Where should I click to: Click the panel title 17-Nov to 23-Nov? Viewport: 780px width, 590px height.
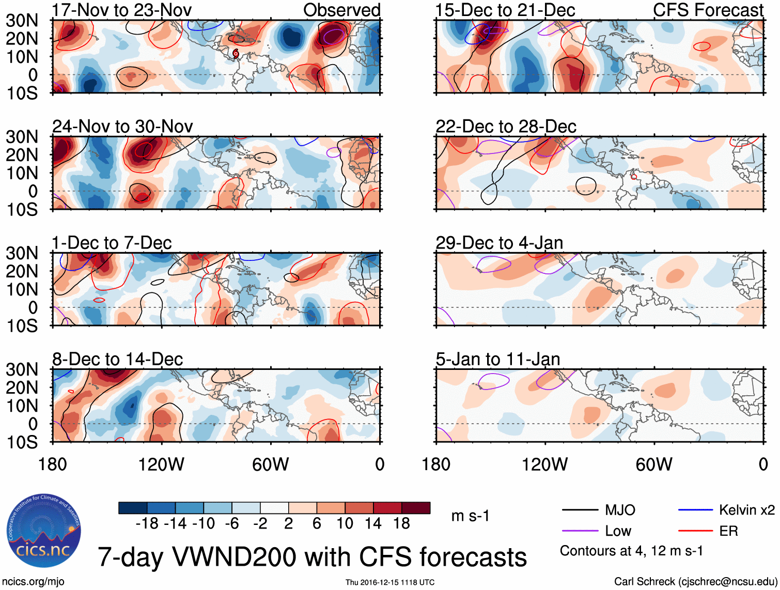122,10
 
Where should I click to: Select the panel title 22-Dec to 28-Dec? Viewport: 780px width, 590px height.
506,127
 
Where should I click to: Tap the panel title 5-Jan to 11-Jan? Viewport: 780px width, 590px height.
498,359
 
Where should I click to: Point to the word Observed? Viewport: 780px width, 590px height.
341,10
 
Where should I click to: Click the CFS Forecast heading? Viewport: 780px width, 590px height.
708,10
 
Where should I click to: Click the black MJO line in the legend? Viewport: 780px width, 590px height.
580,510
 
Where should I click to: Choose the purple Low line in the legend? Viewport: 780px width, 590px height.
580,531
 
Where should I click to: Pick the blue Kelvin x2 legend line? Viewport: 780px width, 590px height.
695,510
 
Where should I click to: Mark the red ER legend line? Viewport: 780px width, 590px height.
695,531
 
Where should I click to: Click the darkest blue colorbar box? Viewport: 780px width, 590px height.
133,508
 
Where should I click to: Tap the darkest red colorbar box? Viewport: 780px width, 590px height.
416,508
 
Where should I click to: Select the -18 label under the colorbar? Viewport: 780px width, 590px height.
147,524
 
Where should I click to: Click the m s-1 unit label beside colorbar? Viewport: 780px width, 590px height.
470,516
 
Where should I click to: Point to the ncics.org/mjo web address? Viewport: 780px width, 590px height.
34,582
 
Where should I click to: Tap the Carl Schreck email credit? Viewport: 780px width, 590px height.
695,582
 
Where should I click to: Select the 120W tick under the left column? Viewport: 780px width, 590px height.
161,464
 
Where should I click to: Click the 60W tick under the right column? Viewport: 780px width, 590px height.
654,464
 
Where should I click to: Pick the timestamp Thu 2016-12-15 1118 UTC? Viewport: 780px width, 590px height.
390,582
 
